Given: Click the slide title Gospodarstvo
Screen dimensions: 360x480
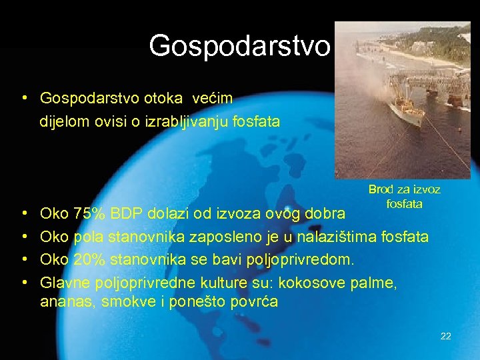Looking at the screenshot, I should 239,46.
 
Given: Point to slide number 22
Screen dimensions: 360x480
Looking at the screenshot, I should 446,336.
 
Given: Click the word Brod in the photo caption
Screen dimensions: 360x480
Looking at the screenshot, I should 381,190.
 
